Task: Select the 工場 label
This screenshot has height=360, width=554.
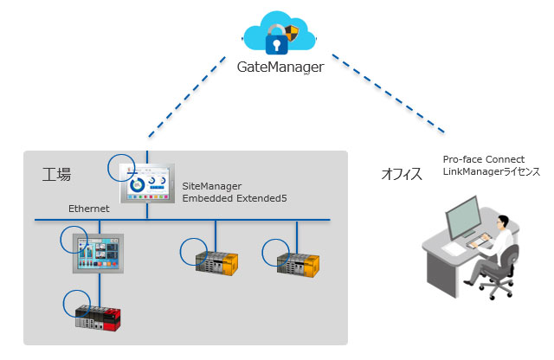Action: (x=56, y=174)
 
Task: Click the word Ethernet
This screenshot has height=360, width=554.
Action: (x=88, y=209)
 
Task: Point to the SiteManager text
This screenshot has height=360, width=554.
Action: (x=212, y=186)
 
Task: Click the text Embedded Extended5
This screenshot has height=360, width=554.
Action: (x=234, y=199)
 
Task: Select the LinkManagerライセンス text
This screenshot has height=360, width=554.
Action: (x=491, y=172)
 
